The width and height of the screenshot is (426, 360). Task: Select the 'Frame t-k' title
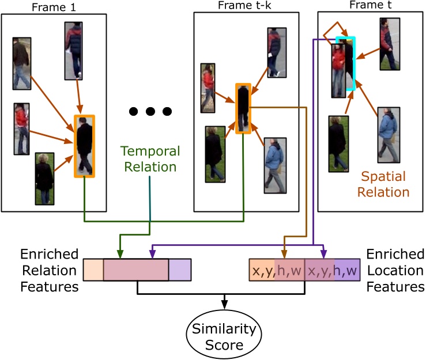coord(242,6)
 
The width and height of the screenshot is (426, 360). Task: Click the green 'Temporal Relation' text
coord(149,160)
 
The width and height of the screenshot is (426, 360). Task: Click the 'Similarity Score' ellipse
coord(223,336)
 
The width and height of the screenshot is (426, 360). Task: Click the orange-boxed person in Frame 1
coord(84,146)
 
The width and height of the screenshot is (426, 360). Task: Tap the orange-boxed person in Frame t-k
coord(243,108)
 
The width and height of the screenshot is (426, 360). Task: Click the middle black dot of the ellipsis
coord(150,111)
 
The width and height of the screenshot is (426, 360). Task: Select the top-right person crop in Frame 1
coord(74,50)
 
